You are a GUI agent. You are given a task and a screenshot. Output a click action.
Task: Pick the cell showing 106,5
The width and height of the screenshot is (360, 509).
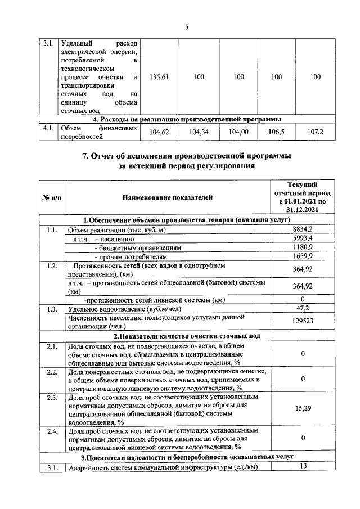(x=276, y=132)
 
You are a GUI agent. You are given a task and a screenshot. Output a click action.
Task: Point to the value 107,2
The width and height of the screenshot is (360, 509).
(x=315, y=132)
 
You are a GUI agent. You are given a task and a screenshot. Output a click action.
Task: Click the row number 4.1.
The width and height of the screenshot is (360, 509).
(x=47, y=128)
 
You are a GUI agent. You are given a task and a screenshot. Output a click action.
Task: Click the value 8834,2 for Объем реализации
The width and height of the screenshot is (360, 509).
(x=302, y=229)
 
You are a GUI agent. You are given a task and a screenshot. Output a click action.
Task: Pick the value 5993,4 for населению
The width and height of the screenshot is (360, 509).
(x=302, y=238)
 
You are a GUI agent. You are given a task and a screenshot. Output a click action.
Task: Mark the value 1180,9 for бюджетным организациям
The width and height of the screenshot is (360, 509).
(x=302, y=247)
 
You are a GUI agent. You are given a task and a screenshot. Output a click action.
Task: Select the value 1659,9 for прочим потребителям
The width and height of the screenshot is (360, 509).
(x=302, y=256)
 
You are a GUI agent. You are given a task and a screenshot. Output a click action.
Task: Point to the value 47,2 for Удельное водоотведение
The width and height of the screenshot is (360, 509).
(x=302, y=308)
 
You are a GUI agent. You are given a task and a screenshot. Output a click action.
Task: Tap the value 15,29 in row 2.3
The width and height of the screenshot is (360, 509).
(x=302, y=409)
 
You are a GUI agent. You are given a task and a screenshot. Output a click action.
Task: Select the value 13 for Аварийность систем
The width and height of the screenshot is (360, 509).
(x=302, y=466)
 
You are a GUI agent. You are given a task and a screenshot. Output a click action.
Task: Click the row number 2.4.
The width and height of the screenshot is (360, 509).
(x=52, y=431)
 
